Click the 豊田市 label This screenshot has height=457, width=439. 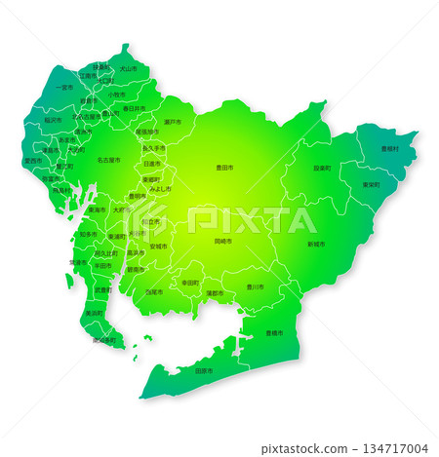click(224, 168)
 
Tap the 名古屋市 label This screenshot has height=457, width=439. click(108, 159)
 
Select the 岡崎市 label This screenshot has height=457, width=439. click(223, 240)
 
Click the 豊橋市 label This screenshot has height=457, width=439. click(274, 333)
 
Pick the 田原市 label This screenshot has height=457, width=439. click(204, 371)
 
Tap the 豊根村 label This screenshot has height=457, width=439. click(389, 148)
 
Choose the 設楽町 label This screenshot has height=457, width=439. click(322, 168)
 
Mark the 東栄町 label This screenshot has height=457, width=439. click(371, 184)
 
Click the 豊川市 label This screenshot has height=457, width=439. click(255, 286)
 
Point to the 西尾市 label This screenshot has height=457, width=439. click(155, 291)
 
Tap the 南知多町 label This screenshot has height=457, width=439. click(103, 340)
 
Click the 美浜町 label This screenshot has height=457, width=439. click(94, 313)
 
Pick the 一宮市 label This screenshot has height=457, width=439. click(63, 88)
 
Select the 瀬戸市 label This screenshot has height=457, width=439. click(172, 122)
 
